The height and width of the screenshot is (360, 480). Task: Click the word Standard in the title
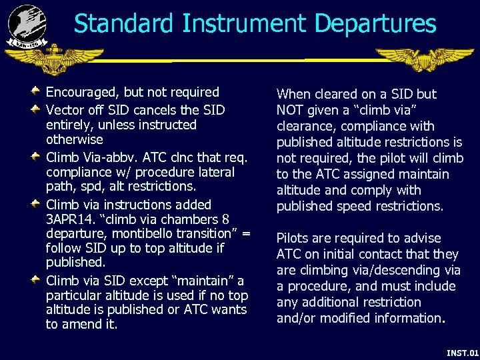coord(122,24)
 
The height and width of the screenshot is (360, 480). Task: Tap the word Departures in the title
coord(375,24)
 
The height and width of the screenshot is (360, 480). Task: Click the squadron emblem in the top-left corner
coord(27,25)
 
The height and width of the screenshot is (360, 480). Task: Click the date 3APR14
coord(71,219)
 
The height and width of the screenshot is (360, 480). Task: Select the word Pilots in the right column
coord(294,238)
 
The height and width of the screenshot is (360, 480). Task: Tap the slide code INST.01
coord(462,352)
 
